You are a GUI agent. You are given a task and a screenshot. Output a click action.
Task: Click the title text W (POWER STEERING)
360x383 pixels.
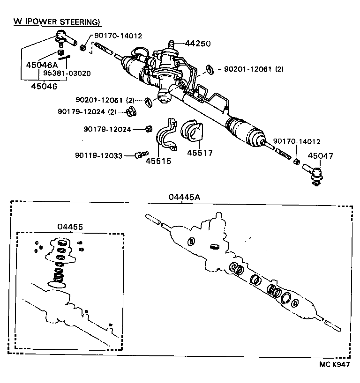point(57,22)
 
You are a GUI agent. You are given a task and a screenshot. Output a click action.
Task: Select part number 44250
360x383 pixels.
point(198,44)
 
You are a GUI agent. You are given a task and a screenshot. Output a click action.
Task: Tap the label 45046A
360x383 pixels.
point(41,65)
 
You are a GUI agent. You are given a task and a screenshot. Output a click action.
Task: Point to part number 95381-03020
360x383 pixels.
point(67,74)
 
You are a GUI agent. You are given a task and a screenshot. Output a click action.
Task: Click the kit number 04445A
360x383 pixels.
point(185,197)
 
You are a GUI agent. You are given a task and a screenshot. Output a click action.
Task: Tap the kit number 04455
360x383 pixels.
point(70,227)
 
